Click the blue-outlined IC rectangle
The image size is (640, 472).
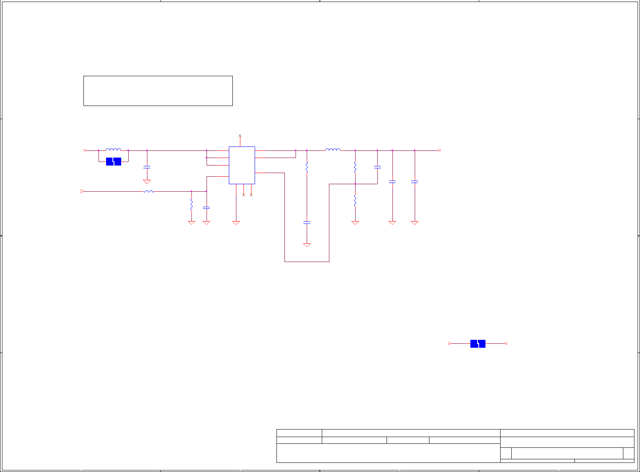pyautogui.click(x=242, y=165)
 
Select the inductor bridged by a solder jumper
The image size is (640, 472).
pyautogui.click(x=113, y=150)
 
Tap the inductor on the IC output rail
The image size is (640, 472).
pyautogui.click(x=333, y=150)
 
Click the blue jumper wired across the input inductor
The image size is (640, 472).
pyautogui.click(x=113, y=162)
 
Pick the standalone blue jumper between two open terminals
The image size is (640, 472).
pyautogui.click(x=478, y=344)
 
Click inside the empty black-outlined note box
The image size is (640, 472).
pyautogui.click(x=158, y=91)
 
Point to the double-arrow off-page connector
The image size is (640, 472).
pyautogui.click(x=82, y=191)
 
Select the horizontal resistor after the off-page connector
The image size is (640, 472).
pyautogui.click(x=149, y=191)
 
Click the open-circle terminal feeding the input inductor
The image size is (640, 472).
pyautogui.click(x=85, y=150)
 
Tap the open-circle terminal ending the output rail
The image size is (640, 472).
pyautogui.click(x=439, y=150)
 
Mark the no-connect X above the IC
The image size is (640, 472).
pyautogui.click(x=240, y=136)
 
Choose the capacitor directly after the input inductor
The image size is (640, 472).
pyautogui.click(x=147, y=167)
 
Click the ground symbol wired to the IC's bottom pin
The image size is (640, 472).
pyautogui.click(x=236, y=223)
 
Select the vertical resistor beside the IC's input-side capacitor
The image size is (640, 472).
pyautogui.click(x=191, y=204)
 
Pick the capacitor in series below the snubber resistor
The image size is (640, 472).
pyautogui.click(x=307, y=223)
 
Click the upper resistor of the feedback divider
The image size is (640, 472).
pyautogui.click(x=355, y=167)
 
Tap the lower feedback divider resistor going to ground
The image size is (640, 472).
pyautogui.click(x=355, y=201)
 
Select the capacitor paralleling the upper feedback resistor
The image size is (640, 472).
pyautogui.click(x=377, y=167)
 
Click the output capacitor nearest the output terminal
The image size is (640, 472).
pyautogui.click(x=414, y=182)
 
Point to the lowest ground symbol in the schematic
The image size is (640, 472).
pyautogui.click(x=307, y=245)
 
